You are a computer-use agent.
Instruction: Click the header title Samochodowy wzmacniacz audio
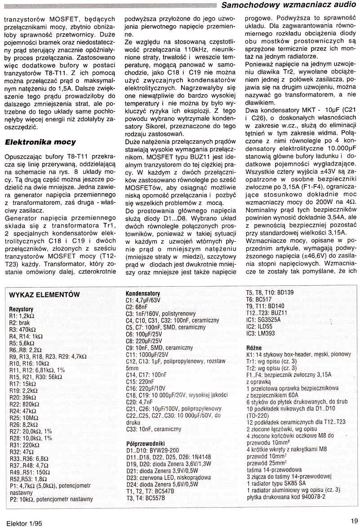pos(289,5)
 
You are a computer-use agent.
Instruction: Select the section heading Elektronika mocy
pos(40,142)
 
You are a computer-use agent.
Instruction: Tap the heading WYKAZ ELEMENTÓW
pos(44,294)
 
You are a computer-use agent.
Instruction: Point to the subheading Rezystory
pos(21,310)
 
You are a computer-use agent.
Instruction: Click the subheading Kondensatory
pos(142,293)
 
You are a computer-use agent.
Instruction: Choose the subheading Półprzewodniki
pos(146,443)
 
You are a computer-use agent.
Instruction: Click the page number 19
pos(354,521)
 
